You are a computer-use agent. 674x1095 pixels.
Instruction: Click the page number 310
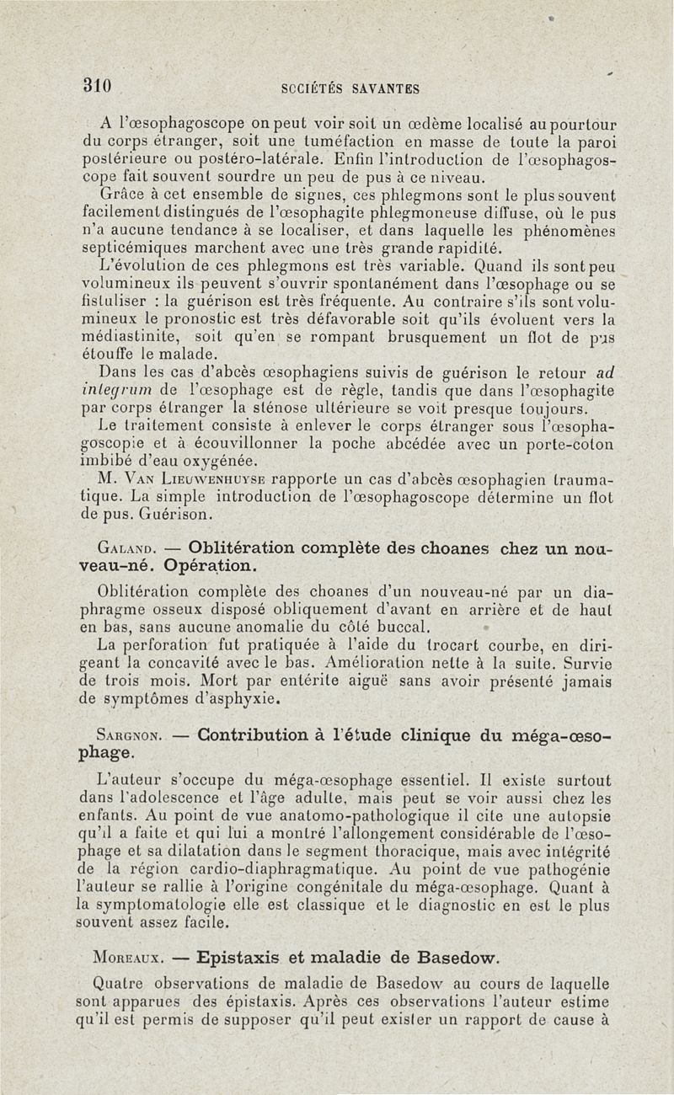point(99,86)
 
